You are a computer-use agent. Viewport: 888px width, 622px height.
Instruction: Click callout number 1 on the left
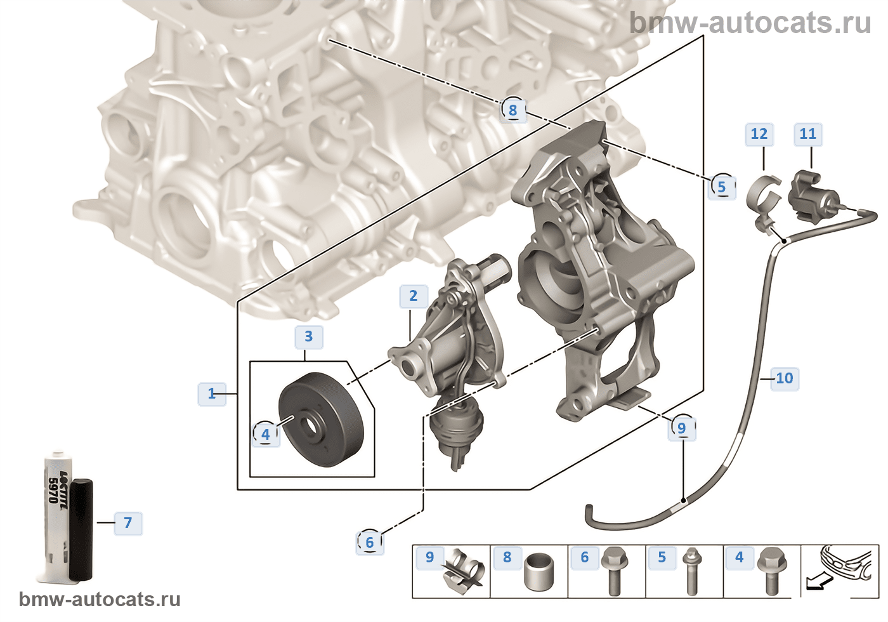(x=212, y=394)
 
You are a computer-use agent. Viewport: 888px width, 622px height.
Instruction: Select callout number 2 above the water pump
(x=414, y=296)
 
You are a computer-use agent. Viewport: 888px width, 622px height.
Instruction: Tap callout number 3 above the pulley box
(x=309, y=336)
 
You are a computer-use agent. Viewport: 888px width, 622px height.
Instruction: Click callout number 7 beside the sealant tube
(x=128, y=523)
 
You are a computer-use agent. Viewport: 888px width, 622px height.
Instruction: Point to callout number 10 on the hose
(x=785, y=378)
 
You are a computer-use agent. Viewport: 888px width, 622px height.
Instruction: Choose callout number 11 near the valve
(x=807, y=134)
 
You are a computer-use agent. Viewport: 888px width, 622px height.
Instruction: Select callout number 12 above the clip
(x=759, y=134)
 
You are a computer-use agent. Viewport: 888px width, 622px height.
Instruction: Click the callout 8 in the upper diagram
(x=513, y=110)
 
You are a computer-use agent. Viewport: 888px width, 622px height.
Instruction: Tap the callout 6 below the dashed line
(x=370, y=542)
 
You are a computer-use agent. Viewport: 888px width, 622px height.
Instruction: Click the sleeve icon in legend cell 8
(x=539, y=574)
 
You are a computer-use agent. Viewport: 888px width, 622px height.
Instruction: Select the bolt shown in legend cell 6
(x=613, y=571)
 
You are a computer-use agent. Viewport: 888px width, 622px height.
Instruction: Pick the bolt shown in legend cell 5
(x=691, y=571)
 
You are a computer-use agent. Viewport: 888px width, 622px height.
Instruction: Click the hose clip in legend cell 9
(x=462, y=571)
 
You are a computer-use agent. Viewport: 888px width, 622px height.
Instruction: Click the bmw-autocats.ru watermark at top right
(x=750, y=23)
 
